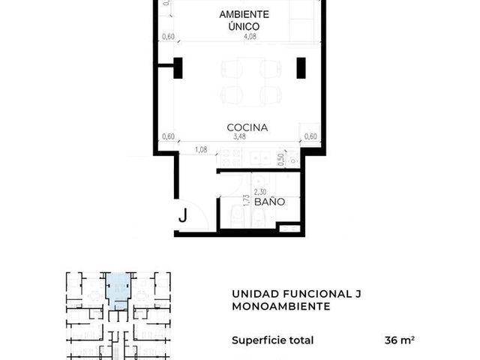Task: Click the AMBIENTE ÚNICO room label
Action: coord(244,20)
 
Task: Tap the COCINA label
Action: coord(247,127)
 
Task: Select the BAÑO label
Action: coord(270,202)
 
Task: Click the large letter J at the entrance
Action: coord(183,215)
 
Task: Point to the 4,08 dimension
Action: coord(250,37)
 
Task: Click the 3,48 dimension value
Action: coord(239,136)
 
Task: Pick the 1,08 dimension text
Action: coord(201,150)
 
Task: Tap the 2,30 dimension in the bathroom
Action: coord(260,192)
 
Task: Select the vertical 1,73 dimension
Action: coord(246,200)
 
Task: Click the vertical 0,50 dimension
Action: coord(281,160)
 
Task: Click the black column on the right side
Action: coord(301,68)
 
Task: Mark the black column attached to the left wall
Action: coord(178,68)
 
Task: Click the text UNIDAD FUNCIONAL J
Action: coord(296,294)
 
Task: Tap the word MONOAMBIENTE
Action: coord(281,306)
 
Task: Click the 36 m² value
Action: coord(400,340)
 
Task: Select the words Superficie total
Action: coord(273,340)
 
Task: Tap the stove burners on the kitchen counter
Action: coord(230,157)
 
